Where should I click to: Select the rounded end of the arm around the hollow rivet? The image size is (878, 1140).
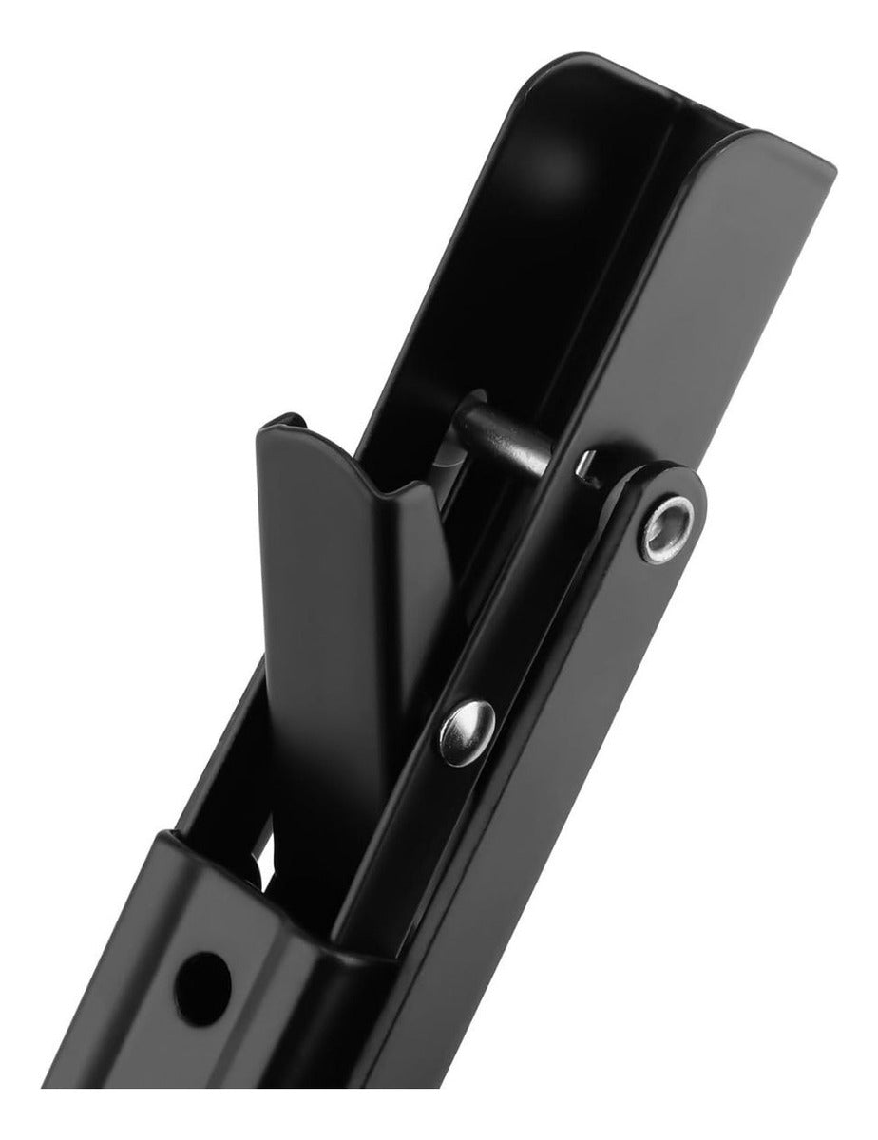pos(679,503)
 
